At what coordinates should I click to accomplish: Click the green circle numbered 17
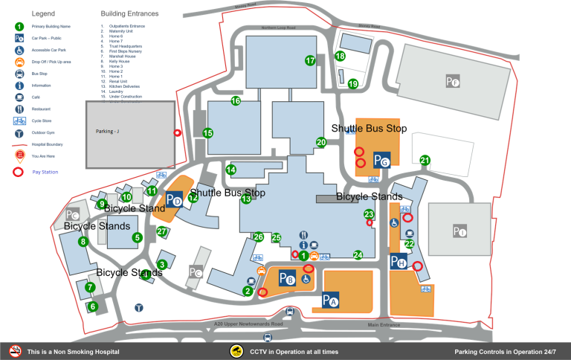coord(310,60)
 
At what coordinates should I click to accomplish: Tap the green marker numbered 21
coord(425,160)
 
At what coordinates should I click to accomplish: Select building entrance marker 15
coord(208,133)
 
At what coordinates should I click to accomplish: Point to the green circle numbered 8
coord(83,241)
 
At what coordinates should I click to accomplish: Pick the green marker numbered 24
coord(358,255)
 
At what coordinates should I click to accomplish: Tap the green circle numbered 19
coord(353,83)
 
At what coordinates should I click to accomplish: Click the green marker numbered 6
coord(93,306)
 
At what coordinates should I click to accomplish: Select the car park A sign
coord(330,300)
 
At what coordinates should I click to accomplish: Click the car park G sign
coord(381,160)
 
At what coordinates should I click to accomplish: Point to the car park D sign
coord(175,199)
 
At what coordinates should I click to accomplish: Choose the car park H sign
coord(399,262)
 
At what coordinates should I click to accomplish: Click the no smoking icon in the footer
coord(15,351)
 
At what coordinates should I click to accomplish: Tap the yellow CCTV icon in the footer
coord(237,351)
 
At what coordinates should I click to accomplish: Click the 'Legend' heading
coord(43,13)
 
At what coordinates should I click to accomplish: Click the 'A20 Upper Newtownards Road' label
coord(248,324)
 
